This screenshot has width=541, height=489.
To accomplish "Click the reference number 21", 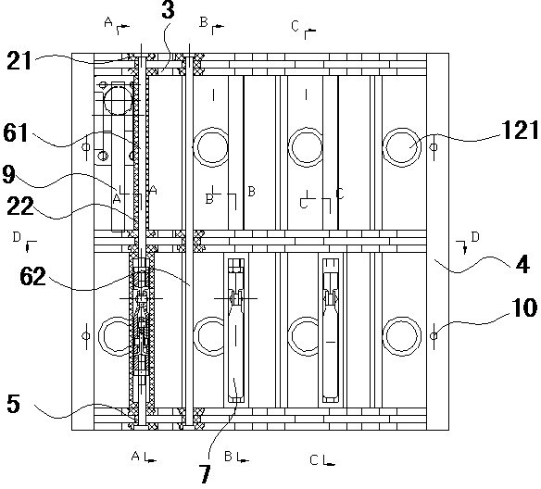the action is tap(19, 61).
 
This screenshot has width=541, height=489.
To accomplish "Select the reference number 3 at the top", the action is tap(168, 9).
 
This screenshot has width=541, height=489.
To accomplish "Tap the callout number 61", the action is tap(15, 132).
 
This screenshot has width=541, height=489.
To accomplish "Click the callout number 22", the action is tap(20, 206).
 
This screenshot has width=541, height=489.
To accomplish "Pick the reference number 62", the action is tap(32, 276).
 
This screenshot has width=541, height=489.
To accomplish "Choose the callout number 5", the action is tap(14, 404).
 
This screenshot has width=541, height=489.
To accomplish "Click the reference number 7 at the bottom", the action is tap(205, 474).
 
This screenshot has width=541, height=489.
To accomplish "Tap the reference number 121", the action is tap(520, 130).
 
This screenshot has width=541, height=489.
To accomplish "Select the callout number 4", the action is tap(522, 265).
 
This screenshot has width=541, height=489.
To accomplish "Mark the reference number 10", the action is tap(524, 307).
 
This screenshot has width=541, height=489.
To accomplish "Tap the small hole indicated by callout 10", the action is tap(434, 335).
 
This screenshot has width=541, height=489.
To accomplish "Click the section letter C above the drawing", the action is tap(295, 26).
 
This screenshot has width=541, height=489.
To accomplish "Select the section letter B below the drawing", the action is tap(228, 457).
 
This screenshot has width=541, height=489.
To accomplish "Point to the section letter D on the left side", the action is tap(17, 237).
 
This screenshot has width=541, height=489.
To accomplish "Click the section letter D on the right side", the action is tap(475, 237).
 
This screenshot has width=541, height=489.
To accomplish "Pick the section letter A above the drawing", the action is tap(108, 22).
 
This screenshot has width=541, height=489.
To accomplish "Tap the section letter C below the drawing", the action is tap(314, 459).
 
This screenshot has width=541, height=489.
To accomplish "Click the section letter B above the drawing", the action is tap(204, 22).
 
